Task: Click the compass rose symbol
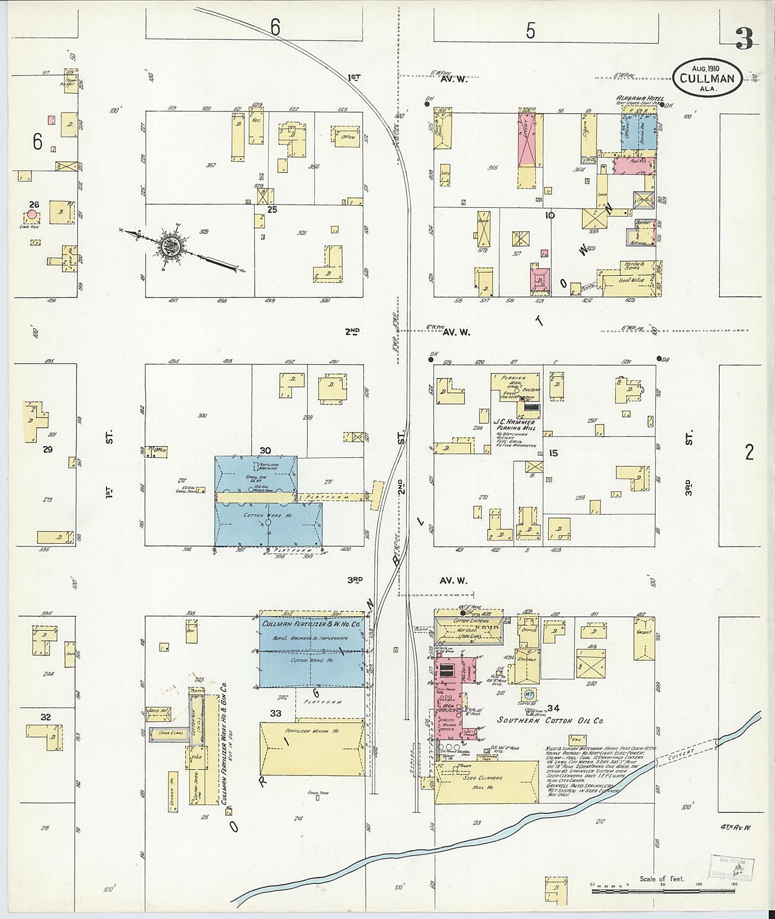point(169,246)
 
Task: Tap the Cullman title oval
point(707,78)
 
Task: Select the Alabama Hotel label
point(640,99)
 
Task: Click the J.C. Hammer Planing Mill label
point(515,425)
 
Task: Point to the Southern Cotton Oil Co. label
point(550,720)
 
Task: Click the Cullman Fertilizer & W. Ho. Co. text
point(311,624)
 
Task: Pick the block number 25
point(272,210)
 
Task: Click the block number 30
point(265,451)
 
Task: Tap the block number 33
point(275,713)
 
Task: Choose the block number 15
point(553,453)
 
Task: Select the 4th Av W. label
point(736,828)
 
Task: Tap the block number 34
point(553,708)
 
